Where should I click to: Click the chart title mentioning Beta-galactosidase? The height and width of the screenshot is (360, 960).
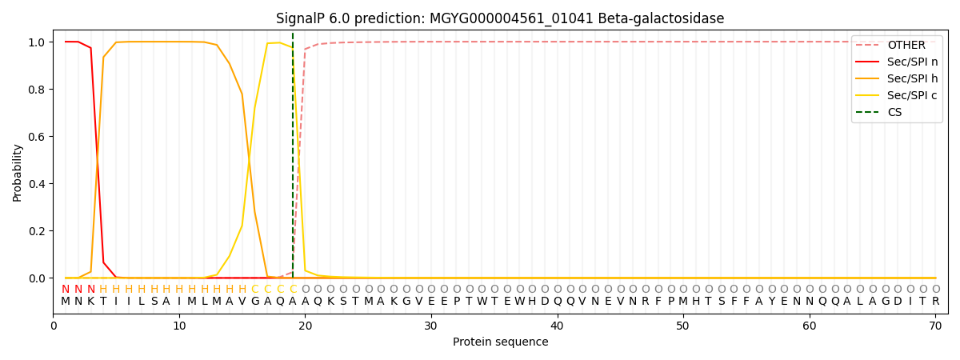[500, 18]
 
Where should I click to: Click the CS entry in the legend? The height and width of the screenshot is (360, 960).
[894, 113]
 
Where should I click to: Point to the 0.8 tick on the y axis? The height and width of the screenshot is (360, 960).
[37, 90]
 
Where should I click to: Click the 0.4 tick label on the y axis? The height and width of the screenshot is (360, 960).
[37, 184]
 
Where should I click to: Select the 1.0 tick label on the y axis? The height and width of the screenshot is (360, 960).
[37, 42]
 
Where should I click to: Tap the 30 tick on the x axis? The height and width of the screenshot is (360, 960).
[431, 326]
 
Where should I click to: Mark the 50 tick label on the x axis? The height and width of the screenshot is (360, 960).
[683, 326]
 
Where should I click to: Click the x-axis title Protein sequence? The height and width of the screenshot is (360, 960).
[500, 342]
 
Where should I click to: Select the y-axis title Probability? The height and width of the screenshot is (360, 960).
[18, 172]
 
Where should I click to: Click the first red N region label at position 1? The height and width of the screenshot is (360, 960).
[66, 290]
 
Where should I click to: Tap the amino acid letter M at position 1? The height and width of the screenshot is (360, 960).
[66, 302]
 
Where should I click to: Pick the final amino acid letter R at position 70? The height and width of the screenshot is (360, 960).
[935, 302]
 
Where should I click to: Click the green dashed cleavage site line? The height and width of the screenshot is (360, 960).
[293, 160]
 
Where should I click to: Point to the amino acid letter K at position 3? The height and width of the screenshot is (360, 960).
[90, 302]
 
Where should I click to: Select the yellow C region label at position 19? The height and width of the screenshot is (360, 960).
[293, 290]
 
